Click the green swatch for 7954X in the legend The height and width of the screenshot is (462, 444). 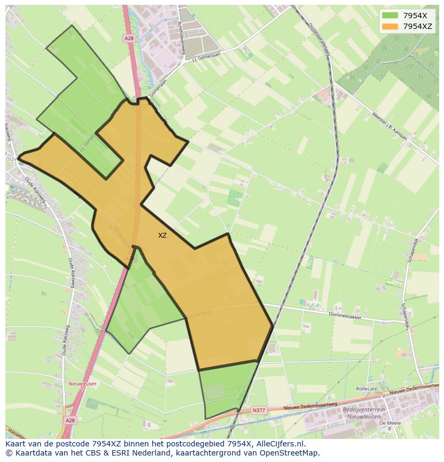coord(390,16)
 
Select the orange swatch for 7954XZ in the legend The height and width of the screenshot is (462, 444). coord(390,26)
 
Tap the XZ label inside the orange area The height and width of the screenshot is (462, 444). coord(162,236)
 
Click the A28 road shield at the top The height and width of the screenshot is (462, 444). coord(129,39)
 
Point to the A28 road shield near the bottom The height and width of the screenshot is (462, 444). coord(70,421)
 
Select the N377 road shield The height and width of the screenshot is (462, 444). coord(258,410)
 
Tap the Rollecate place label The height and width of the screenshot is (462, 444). coord(366,388)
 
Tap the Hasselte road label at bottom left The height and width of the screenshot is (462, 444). coord(15,434)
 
